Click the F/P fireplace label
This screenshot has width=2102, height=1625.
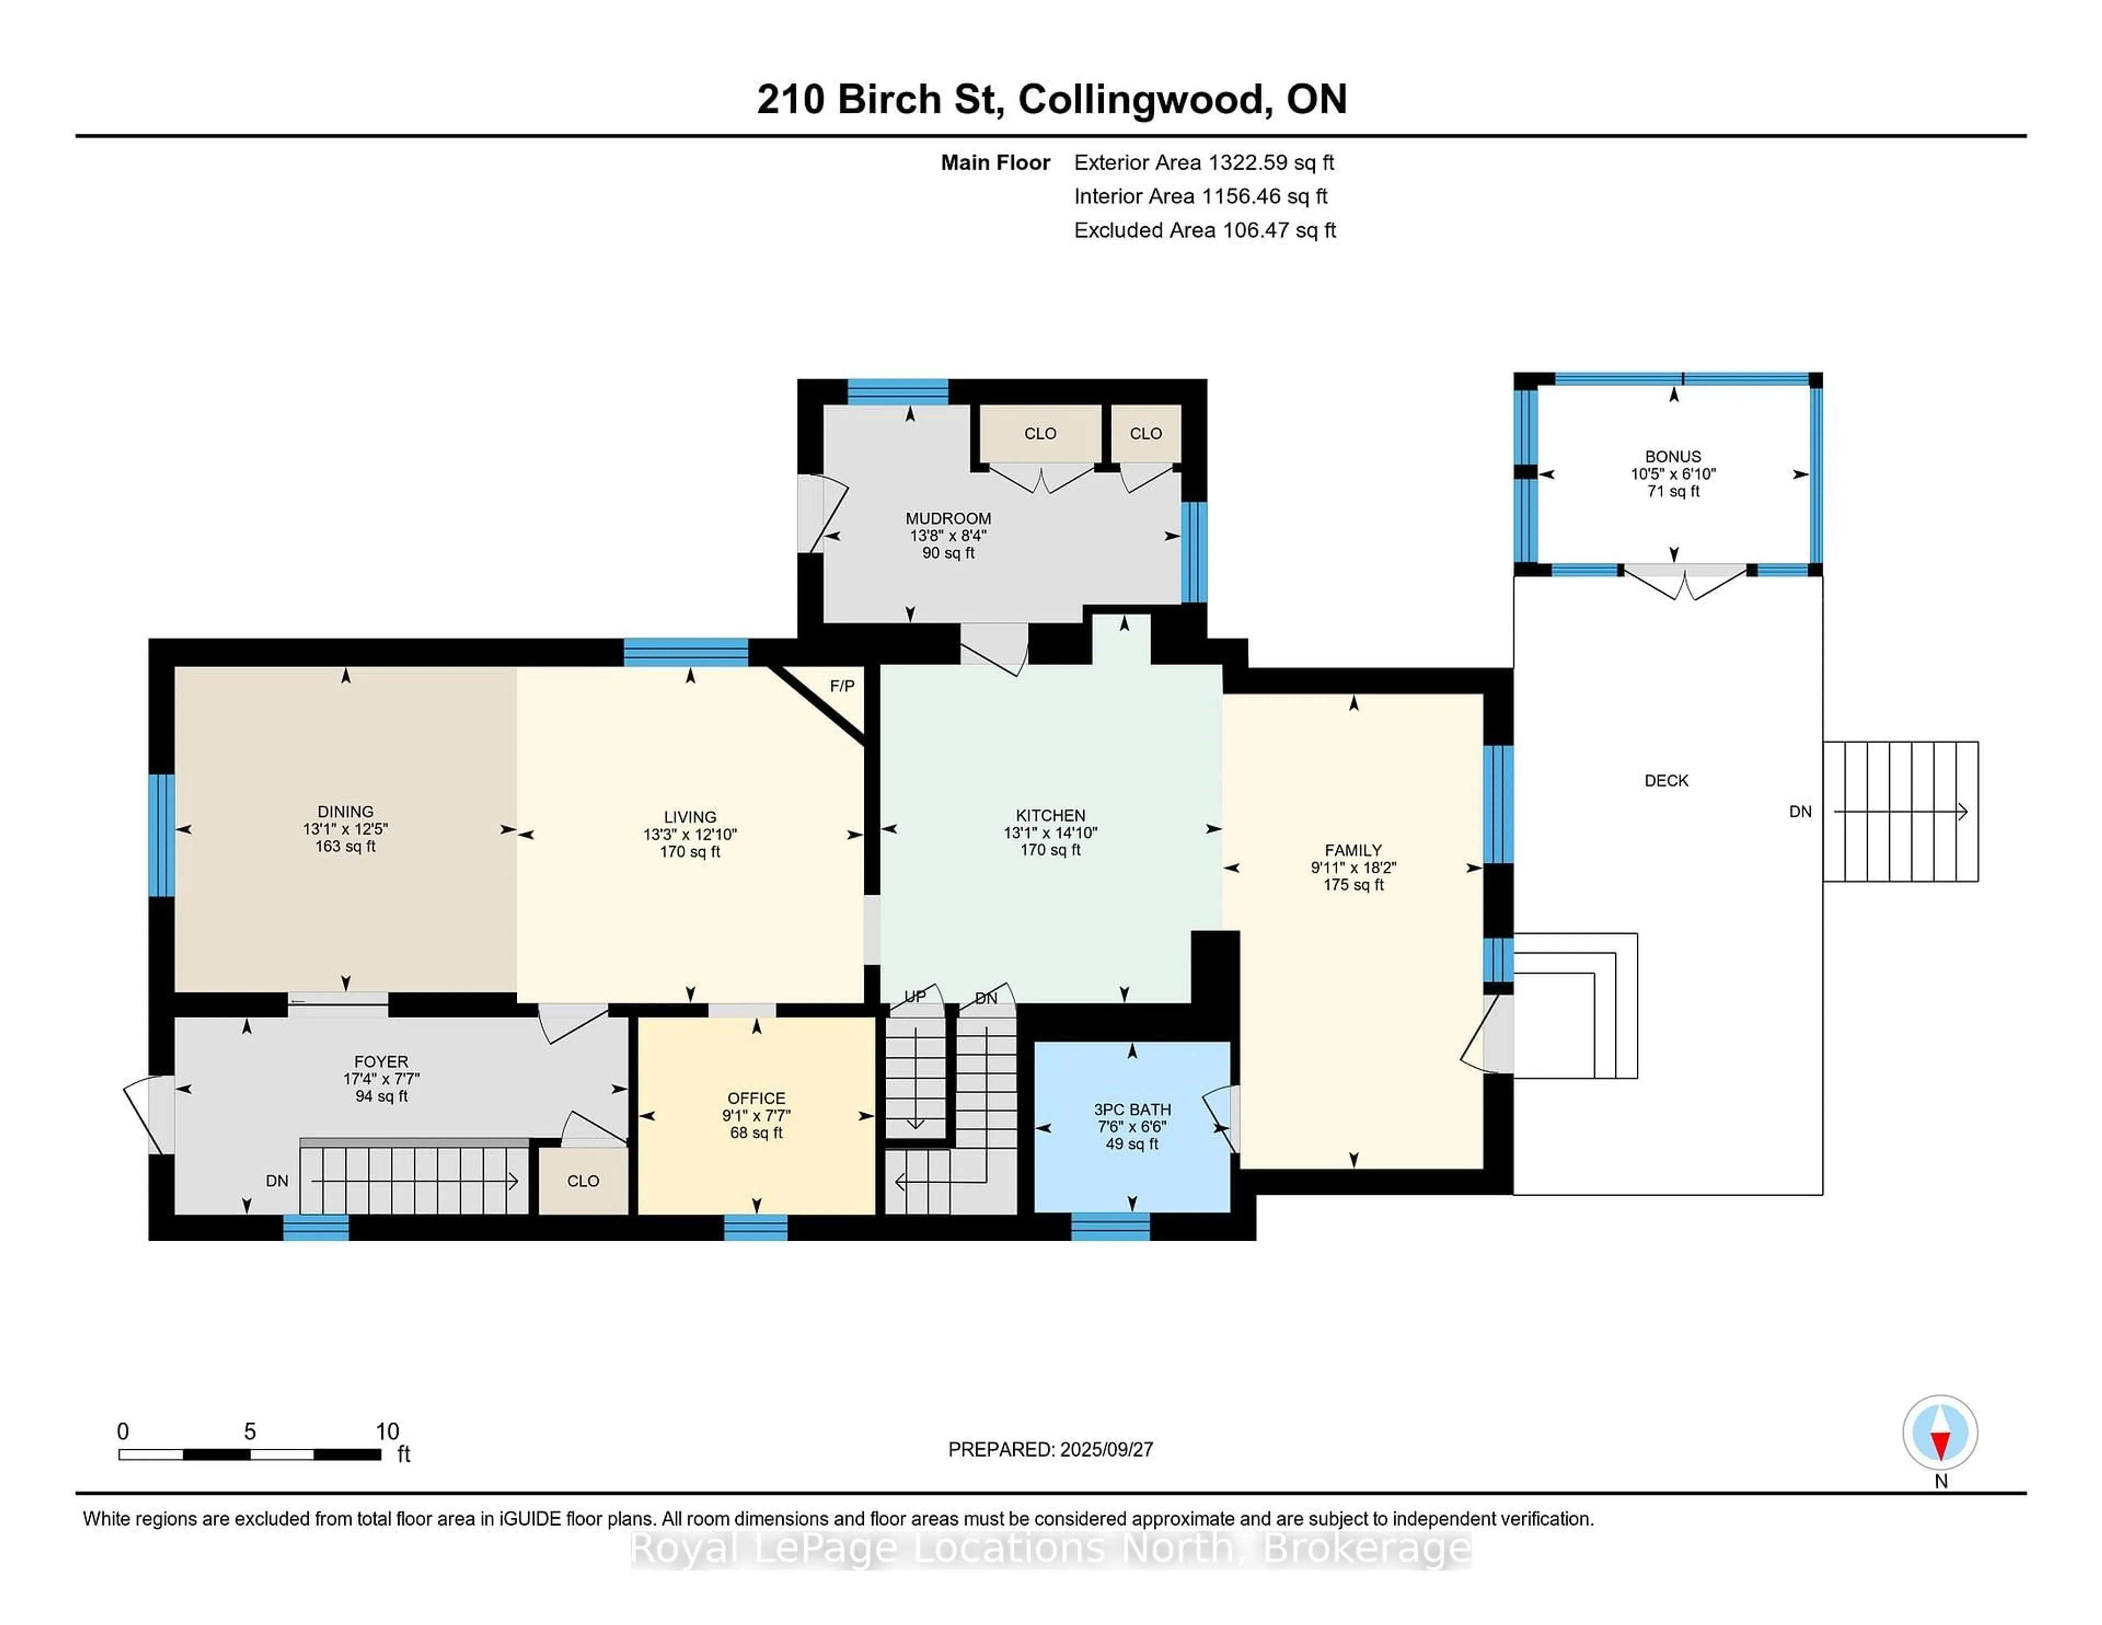click(842, 685)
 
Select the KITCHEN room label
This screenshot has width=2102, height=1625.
click(1050, 815)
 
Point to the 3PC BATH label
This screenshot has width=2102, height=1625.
click(1132, 1110)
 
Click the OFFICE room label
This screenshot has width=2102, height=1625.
click(757, 1098)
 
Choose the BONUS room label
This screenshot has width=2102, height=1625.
click(1673, 456)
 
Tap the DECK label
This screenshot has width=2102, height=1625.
click(1666, 781)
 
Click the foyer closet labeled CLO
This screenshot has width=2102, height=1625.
click(583, 1181)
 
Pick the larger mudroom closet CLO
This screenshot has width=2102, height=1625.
click(1041, 433)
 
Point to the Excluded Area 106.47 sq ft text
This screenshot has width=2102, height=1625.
click(1205, 230)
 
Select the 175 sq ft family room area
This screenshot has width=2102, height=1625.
click(1353, 885)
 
